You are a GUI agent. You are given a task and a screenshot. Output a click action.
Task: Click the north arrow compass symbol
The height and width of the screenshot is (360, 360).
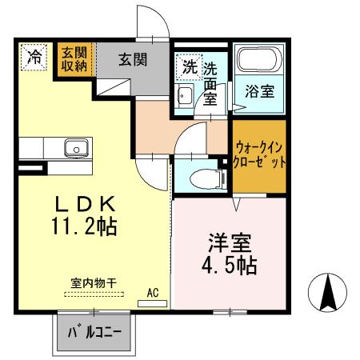[328, 294]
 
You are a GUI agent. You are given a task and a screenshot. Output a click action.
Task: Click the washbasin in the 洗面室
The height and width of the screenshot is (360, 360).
[184, 98]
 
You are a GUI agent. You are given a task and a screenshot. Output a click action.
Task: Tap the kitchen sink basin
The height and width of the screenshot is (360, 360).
[76, 148]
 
